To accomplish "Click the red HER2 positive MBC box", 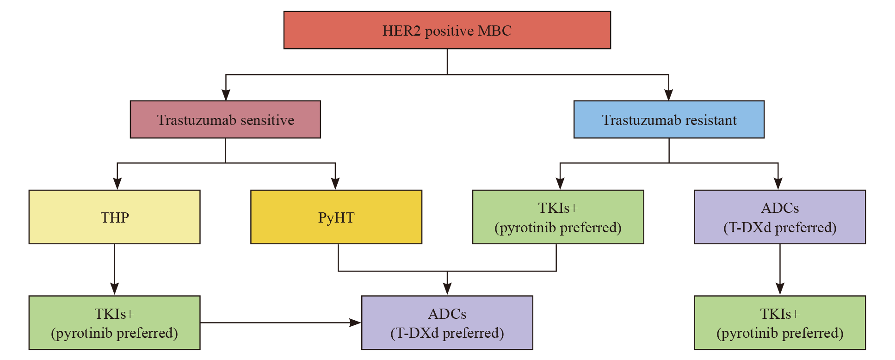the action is click(447, 30).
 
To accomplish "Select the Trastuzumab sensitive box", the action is click(225, 119).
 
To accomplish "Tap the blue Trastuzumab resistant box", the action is click(669, 119).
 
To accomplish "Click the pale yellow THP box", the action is click(114, 217).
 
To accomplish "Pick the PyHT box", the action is click(336, 217).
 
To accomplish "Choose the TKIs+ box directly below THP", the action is click(114, 323).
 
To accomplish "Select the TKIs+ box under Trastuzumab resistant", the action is click(558, 217).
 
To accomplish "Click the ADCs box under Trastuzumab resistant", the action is click(780, 217).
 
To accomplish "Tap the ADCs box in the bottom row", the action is click(447, 323).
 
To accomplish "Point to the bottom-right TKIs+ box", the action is click(780, 323).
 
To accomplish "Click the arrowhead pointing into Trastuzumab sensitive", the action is click(226, 94).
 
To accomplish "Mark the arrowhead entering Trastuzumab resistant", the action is click(668, 94).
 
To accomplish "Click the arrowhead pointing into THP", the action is click(117, 184).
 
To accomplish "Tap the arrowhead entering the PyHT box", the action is click(335, 184).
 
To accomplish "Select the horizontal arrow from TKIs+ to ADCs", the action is click(281, 323).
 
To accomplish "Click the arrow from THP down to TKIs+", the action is click(115, 269).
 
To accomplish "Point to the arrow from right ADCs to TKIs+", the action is click(780, 269).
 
